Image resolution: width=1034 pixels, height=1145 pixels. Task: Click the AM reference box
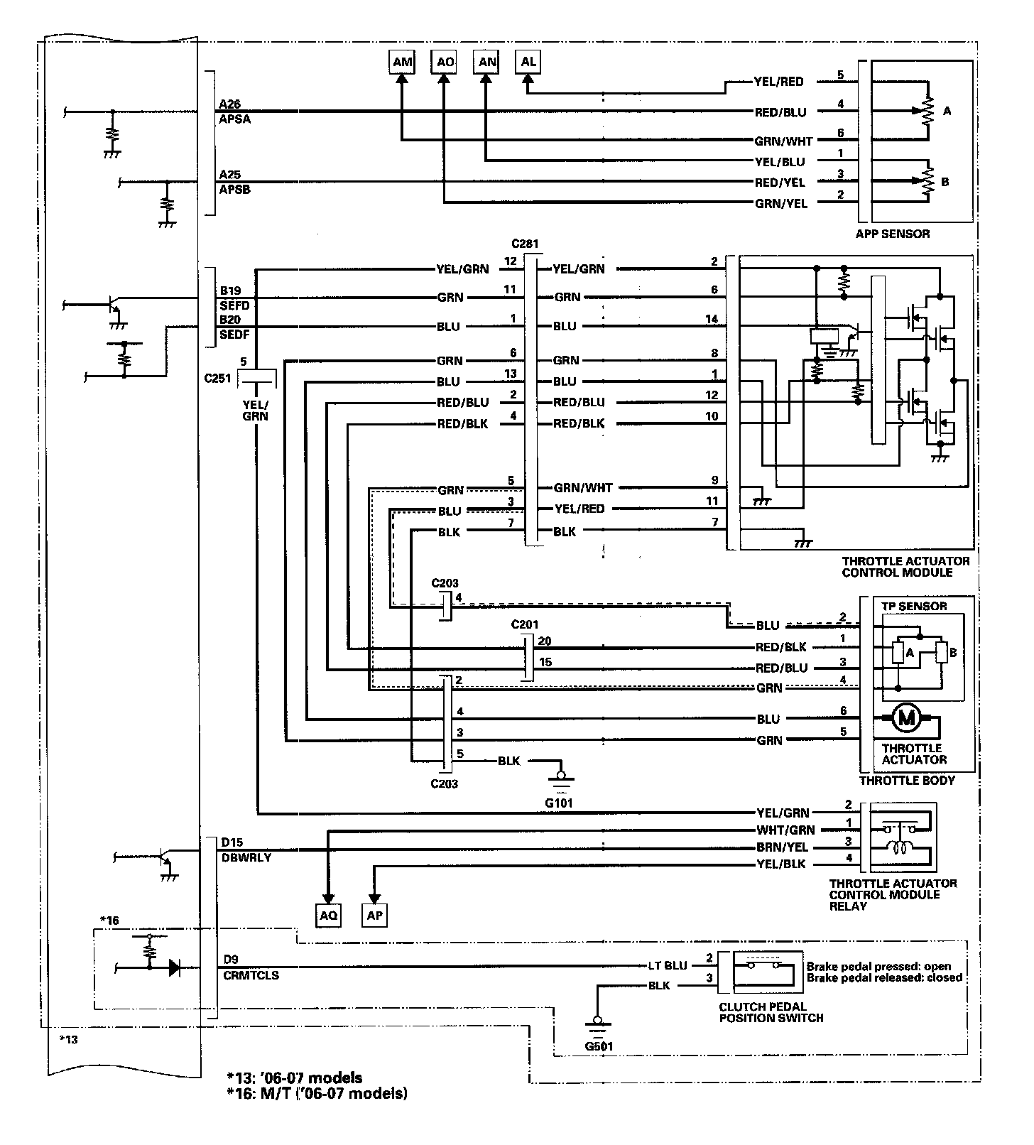pos(402,62)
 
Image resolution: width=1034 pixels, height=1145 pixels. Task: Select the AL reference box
pos(528,62)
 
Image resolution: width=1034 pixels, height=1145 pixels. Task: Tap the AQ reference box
pos(328,916)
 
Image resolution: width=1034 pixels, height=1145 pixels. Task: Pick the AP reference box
pos(374,916)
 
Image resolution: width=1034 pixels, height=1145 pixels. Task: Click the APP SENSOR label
pos(893,233)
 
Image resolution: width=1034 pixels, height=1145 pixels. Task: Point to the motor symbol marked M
pos(906,718)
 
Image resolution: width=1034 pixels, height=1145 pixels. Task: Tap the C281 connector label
pos(526,244)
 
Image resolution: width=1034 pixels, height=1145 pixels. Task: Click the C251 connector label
pos(217,378)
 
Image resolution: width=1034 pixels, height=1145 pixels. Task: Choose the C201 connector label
pos(525,624)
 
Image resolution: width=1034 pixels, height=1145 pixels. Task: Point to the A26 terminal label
pos(230,104)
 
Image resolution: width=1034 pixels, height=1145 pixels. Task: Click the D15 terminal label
pos(232,842)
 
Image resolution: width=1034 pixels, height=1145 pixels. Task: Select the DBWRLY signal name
pos(246,857)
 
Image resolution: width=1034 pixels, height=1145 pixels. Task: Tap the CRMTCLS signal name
pos(249,975)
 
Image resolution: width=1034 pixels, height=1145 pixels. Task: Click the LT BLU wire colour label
pos(668,965)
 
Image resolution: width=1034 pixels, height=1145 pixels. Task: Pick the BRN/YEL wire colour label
pos(782,847)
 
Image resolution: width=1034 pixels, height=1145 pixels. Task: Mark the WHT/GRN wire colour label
pos(785,830)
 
